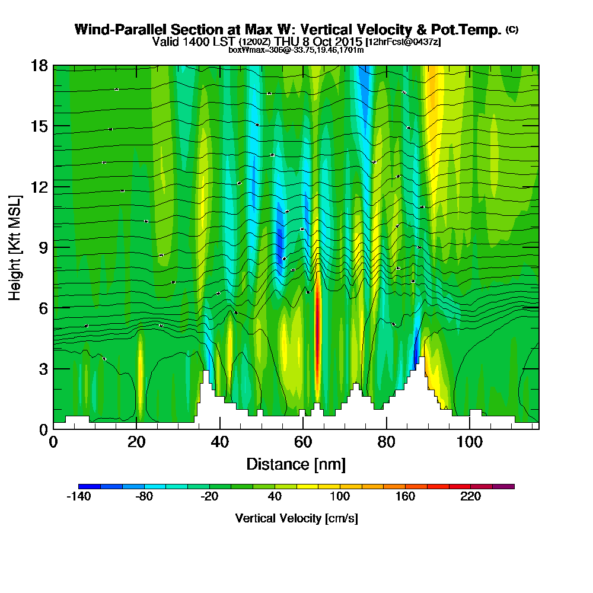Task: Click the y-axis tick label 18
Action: [x=39, y=65]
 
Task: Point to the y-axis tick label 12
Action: [x=39, y=187]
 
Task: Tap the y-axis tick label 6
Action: [x=43, y=308]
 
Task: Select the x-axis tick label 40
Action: [x=220, y=441]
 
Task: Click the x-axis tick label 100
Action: [x=470, y=441]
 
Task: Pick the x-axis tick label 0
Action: [x=53, y=441]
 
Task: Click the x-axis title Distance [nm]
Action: [x=296, y=464]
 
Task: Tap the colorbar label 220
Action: [x=470, y=497]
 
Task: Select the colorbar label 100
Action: [x=340, y=497]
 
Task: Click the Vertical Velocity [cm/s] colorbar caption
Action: [x=296, y=518]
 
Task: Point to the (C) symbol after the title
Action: [x=512, y=29]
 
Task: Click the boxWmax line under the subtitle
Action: [x=296, y=49]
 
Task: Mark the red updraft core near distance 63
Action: [x=317, y=332]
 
